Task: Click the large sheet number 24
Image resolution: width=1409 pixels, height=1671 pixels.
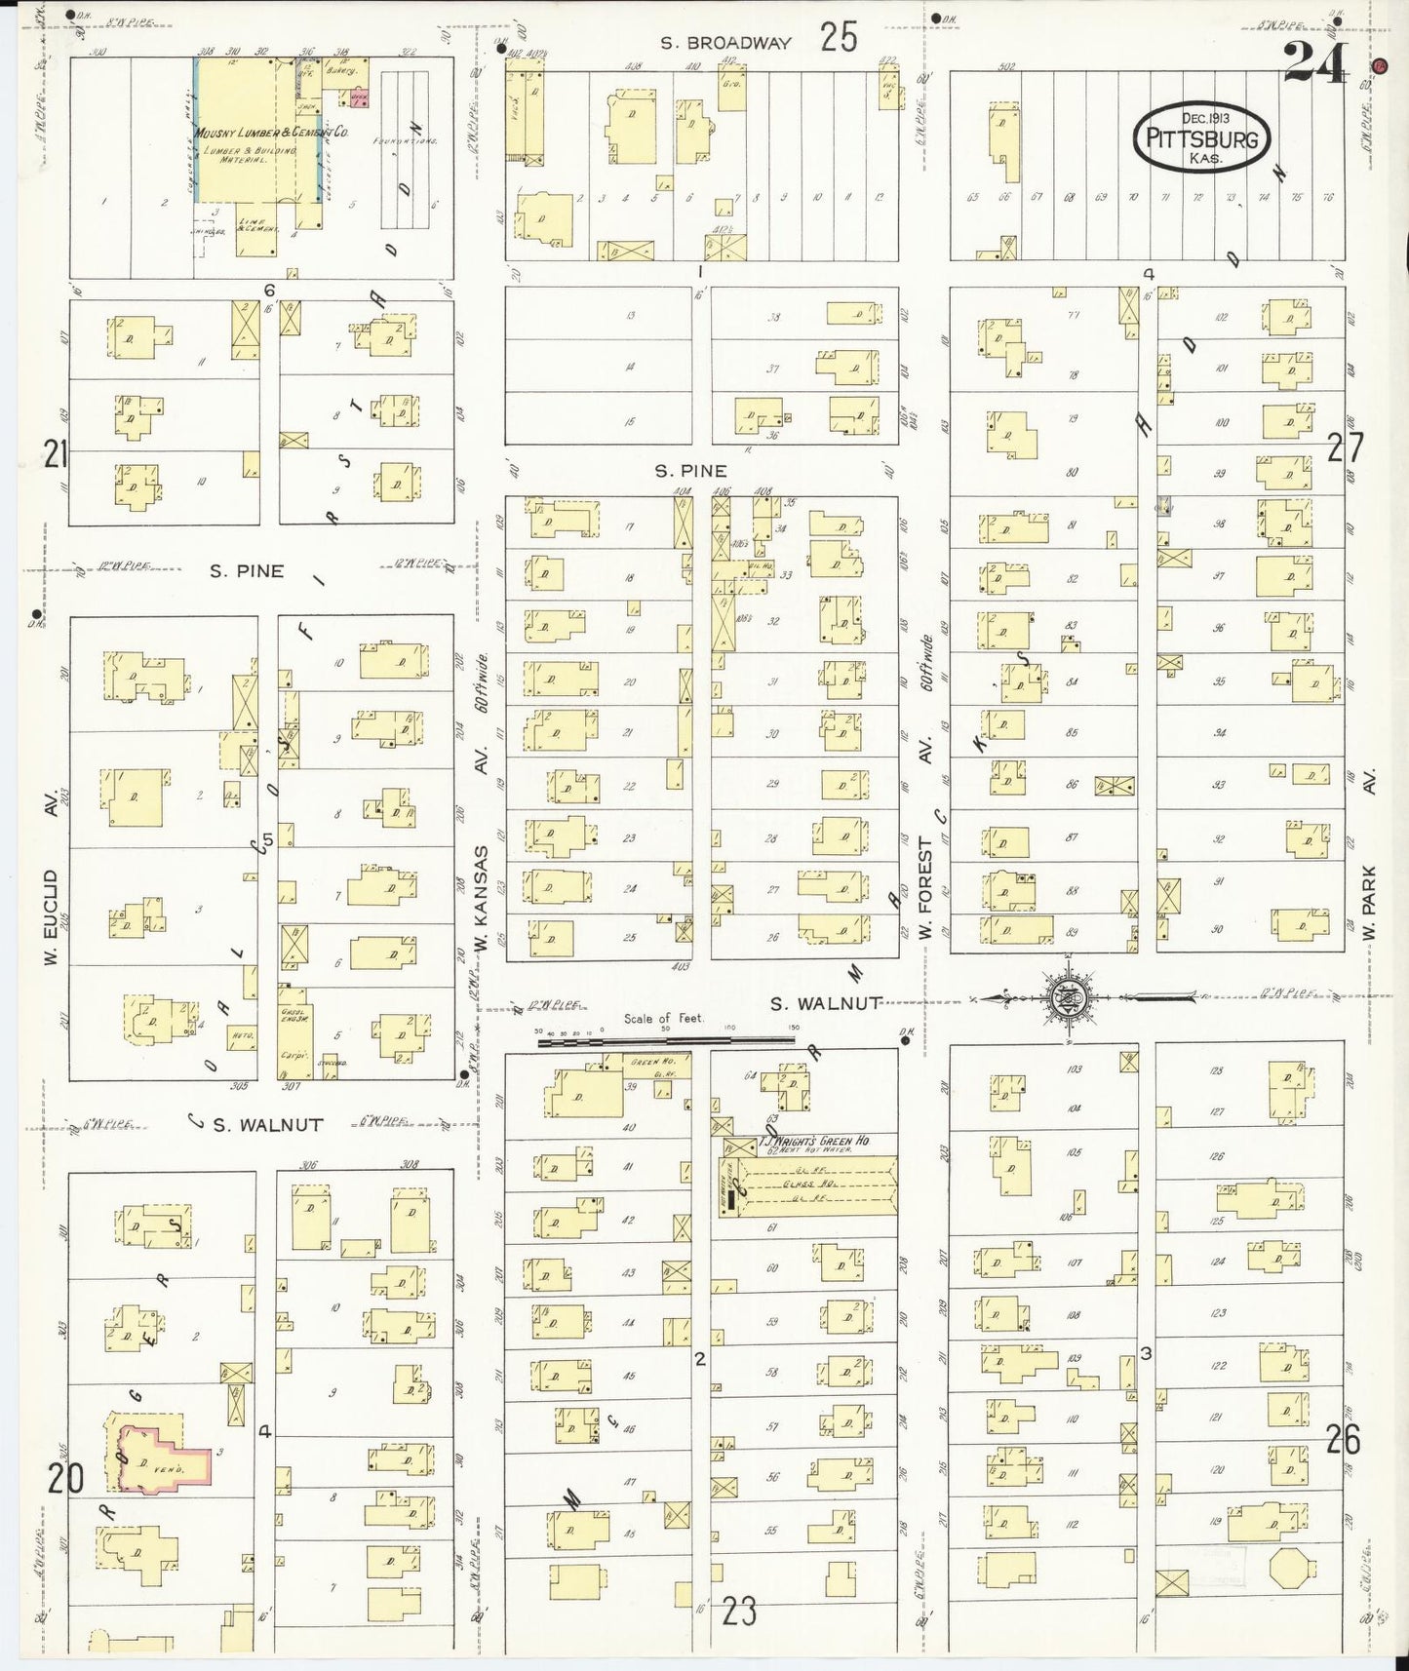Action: tap(1314, 63)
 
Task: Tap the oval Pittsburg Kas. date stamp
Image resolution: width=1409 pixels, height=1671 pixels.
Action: tap(1201, 138)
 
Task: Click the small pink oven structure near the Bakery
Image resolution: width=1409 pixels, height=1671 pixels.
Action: tap(360, 97)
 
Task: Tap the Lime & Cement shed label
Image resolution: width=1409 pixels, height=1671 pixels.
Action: tap(256, 229)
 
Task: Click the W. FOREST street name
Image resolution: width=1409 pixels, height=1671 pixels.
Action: tap(925, 887)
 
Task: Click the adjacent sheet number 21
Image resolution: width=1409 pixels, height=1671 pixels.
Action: tap(55, 452)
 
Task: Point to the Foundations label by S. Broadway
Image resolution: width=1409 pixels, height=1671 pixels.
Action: tap(404, 141)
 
